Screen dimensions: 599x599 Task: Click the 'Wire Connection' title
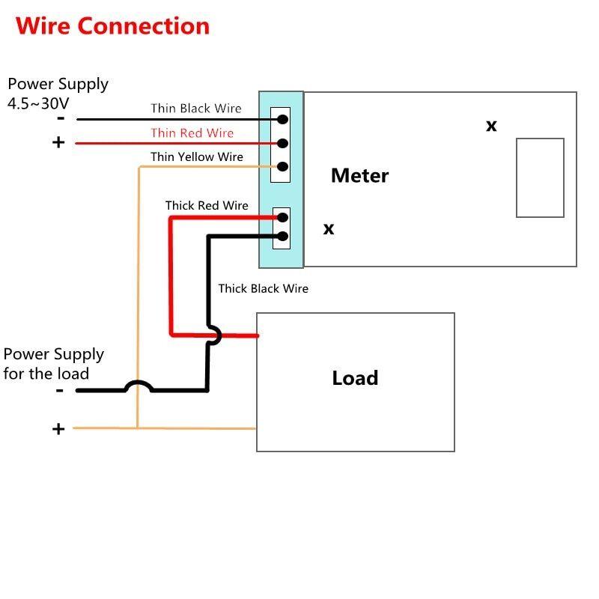click(x=112, y=25)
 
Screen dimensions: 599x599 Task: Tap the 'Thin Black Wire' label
click(x=196, y=109)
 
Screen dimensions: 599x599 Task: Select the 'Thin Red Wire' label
click(x=192, y=133)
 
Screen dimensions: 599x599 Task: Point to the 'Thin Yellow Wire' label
click(x=196, y=157)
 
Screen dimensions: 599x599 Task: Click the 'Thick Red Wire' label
click(x=207, y=205)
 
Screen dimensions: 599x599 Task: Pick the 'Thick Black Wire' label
click(x=263, y=288)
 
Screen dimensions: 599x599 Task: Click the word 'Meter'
click(x=359, y=176)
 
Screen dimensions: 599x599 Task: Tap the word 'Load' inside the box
click(x=355, y=378)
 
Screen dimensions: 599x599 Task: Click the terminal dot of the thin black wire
click(x=283, y=119)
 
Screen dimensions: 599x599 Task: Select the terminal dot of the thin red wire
click(x=283, y=143)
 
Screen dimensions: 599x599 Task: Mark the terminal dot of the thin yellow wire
click(x=283, y=166)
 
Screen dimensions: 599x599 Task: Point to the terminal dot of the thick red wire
click(x=283, y=218)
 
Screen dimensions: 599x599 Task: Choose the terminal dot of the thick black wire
click(x=283, y=237)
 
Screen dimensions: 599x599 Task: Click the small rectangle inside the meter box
click(x=540, y=178)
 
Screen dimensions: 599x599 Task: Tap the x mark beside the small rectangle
click(x=491, y=126)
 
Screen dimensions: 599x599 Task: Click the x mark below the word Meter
click(x=329, y=229)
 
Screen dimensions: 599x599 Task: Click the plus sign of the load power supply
click(x=58, y=429)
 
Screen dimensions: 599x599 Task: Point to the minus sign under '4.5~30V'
click(x=60, y=118)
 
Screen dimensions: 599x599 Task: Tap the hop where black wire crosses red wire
click(x=213, y=334)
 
